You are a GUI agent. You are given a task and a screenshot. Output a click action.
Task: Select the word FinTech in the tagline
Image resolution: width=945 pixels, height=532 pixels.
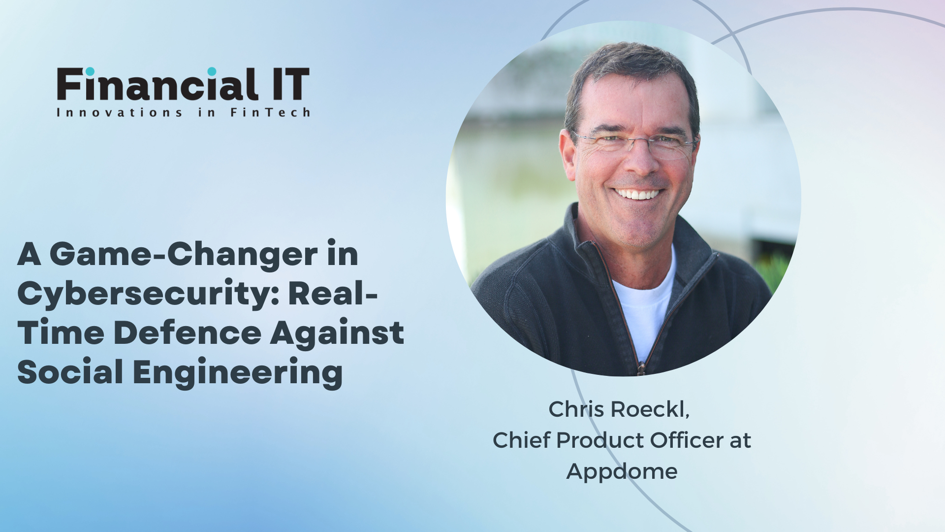[270, 112]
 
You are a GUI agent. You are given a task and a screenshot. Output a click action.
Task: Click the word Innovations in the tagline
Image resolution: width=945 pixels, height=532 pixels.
[120, 112]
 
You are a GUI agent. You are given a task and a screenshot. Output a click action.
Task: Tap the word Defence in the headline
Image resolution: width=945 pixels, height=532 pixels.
[188, 332]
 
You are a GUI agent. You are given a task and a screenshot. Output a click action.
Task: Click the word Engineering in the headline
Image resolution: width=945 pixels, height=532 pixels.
[238, 373]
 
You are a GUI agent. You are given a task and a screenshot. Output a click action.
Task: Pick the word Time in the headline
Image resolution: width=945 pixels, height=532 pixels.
[61, 332]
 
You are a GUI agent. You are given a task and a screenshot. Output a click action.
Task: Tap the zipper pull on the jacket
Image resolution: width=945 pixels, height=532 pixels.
[641, 368]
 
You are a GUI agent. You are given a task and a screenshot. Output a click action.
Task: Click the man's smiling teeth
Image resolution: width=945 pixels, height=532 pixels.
[638, 194]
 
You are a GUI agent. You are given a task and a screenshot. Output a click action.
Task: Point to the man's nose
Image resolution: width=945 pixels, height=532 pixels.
[638, 160]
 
